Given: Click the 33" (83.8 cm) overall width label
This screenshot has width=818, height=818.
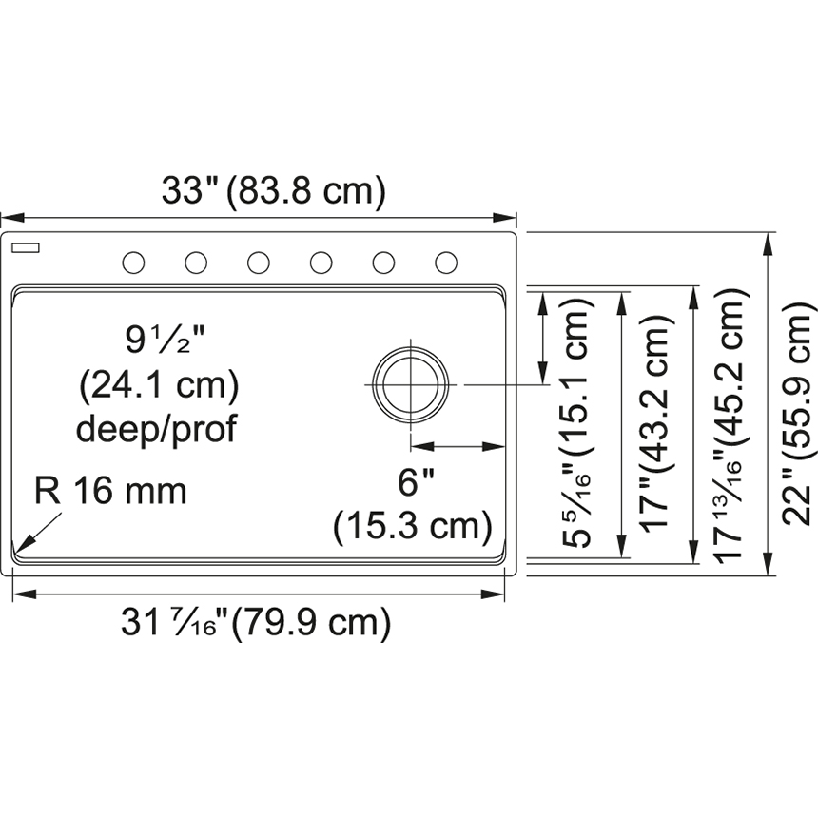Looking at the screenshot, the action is tap(273, 190).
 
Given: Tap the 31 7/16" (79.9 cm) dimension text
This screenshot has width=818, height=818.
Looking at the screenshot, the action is tap(256, 622).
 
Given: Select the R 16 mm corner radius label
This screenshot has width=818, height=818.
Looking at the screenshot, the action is tap(110, 491).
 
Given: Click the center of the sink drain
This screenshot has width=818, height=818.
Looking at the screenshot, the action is tap(411, 385).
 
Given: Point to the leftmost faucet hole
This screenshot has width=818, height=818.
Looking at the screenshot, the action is tap(133, 263).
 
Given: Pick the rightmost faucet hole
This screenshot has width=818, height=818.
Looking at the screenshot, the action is tap(446, 263).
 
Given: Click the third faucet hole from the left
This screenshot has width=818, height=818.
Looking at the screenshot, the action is tap(258, 263).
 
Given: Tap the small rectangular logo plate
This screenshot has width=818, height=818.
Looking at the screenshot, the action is tap(26, 247).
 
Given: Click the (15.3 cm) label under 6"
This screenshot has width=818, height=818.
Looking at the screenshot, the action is tap(413, 526).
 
